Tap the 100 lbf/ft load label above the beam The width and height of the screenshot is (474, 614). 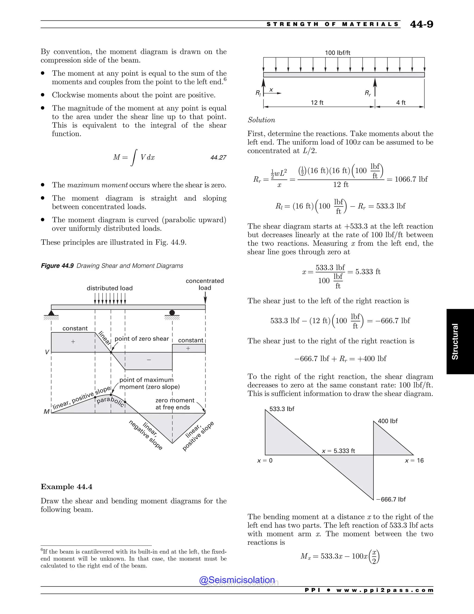pos(337,53)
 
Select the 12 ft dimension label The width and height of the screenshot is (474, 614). pos(317,103)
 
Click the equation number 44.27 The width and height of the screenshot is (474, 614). pos(218,157)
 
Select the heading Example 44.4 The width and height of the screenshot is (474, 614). pos(67,487)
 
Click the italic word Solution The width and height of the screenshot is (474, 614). pos(261,120)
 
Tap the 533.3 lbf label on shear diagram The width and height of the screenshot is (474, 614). pos(282,409)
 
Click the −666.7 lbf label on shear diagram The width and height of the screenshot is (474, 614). pos(391,499)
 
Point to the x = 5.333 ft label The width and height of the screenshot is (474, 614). pos(338,451)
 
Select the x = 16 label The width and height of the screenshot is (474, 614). pos(414,461)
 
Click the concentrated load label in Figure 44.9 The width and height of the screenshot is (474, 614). pos(205,284)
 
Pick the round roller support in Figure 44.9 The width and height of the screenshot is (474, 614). pos(172,313)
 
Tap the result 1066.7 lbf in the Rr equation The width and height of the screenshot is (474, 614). pos(411,179)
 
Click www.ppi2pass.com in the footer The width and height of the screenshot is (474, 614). pos(385,590)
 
